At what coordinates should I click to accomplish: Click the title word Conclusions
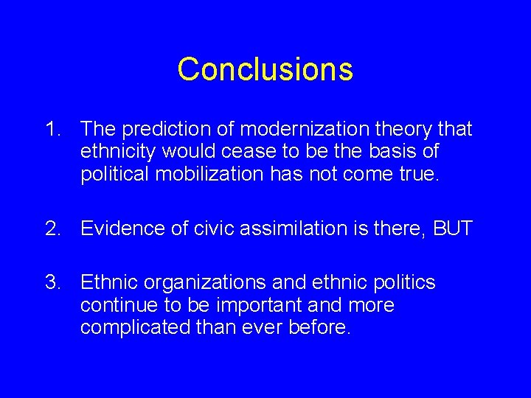coord(265,69)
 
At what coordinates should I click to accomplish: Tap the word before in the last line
coord(319,326)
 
